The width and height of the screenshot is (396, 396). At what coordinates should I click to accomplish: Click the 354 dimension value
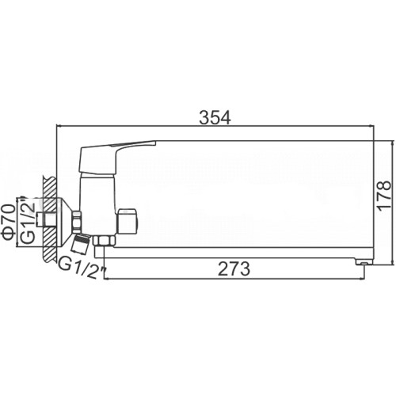tap(215, 117)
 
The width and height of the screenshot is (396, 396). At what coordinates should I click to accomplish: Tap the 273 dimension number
tap(234, 268)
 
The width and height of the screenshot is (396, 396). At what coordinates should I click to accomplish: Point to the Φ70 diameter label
tap(8, 222)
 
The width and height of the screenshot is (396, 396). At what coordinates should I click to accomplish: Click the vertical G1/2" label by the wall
tap(28, 219)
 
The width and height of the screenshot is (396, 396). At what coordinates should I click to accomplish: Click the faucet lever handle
tap(117, 157)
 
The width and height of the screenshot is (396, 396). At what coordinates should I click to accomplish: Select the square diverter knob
tap(127, 222)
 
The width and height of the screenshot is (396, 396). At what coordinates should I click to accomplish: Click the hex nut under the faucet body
tap(105, 241)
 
